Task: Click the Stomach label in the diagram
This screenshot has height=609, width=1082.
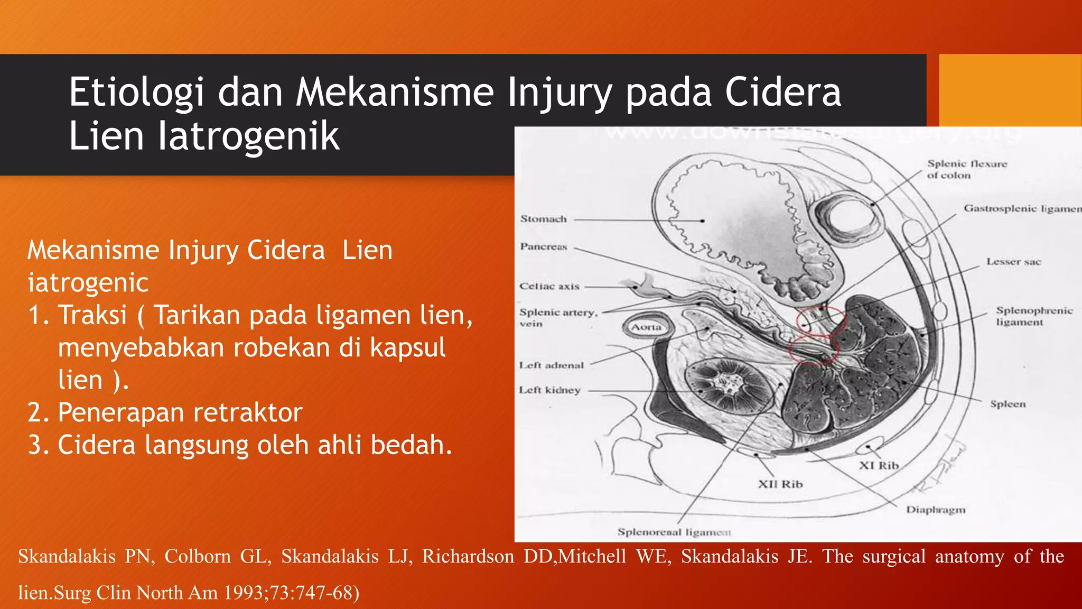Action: tap(543, 219)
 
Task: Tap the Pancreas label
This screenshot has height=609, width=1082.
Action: tap(543, 246)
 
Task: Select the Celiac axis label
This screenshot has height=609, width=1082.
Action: tap(549, 286)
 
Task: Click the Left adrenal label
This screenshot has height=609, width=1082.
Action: tap(551, 365)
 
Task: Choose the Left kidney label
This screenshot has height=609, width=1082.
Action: tap(549, 390)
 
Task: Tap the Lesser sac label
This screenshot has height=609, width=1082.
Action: tap(1013, 262)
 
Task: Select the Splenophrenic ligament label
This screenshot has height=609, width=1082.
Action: tap(1034, 316)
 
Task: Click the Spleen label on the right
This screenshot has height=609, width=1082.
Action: tap(1008, 404)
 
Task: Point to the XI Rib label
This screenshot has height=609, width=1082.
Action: tap(879, 465)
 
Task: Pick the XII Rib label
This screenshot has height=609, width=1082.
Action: tap(780, 484)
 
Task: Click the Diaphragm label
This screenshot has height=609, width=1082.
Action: tap(936, 510)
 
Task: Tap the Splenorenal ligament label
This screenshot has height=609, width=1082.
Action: tap(674, 532)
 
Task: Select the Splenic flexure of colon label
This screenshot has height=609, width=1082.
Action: tap(967, 169)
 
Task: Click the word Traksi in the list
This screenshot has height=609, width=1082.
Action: tap(93, 315)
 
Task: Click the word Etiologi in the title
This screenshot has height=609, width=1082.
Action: tap(136, 92)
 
